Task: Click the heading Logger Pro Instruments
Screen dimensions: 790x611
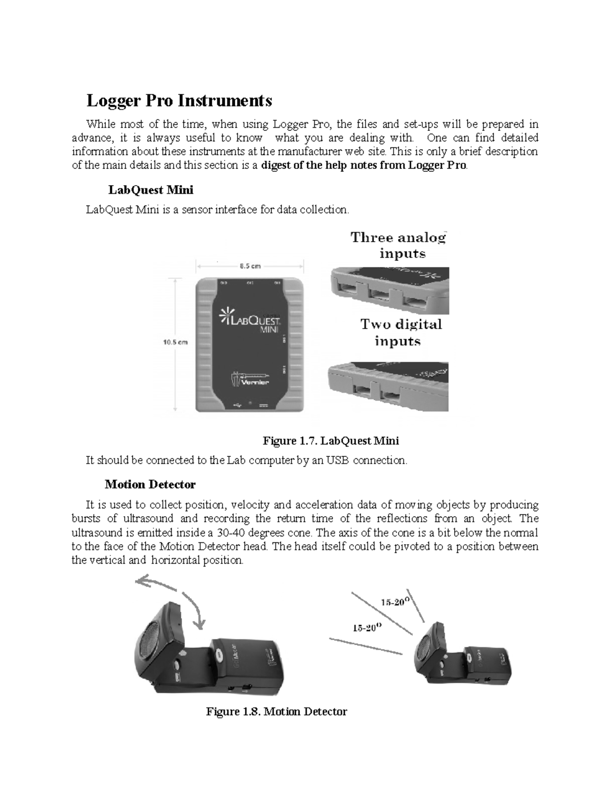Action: (x=179, y=101)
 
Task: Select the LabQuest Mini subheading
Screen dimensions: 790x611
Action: (x=151, y=190)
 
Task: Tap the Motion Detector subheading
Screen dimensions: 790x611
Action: (x=150, y=484)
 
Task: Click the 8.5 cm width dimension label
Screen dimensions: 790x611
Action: (x=249, y=266)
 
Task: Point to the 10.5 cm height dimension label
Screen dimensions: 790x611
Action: (x=175, y=342)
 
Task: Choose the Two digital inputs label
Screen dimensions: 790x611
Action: (x=401, y=332)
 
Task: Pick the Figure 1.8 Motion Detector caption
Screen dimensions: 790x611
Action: (x=276, y=712)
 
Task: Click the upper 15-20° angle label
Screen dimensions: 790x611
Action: (x=395, y=602)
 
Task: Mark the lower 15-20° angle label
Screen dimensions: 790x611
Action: (x=367, y=628)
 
